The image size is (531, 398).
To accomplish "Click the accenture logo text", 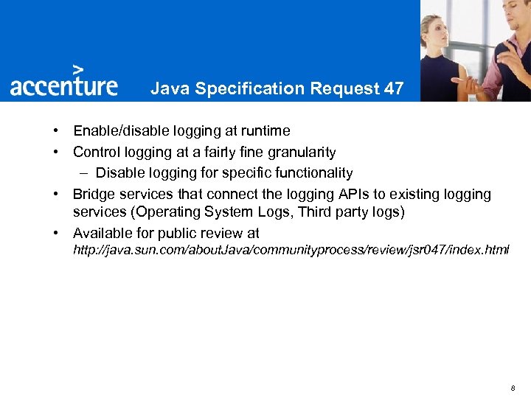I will (63, 85).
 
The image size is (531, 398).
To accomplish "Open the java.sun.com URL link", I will (291, 251).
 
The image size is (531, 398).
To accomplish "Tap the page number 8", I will (512, 388).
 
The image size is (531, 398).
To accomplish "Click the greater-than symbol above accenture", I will (78, 69).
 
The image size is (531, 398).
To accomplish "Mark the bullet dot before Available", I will (56, 234).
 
